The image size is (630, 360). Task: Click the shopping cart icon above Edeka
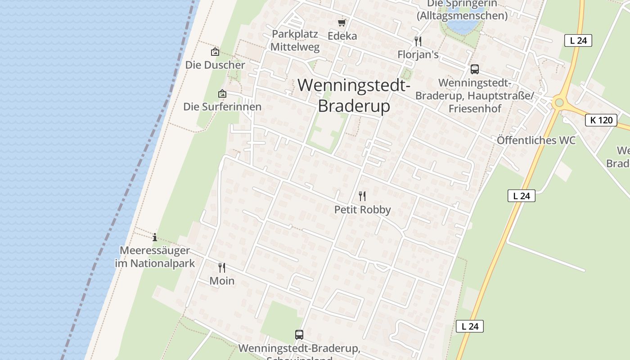[x=342, y=22]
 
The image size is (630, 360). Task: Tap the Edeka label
[x=342, y=36]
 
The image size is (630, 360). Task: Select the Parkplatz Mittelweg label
[x=295, y=40]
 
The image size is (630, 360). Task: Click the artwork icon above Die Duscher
[x=215, y=52]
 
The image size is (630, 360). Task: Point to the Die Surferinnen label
[x=222, y=107]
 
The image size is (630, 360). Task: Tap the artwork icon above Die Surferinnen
[x=222, y=94]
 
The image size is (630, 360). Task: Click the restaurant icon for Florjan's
[x=418, y=41]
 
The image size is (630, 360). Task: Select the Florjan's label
[x=418, y=54]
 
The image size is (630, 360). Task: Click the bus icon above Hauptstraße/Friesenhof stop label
[x=474, y=69]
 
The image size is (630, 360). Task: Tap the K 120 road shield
[x=601, y=120]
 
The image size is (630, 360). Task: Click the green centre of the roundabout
[x=559, y=103]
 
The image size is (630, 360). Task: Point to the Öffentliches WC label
[x=536, y=140]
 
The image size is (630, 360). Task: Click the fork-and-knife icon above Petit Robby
[x=362, y=196]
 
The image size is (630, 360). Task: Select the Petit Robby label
[x=362, y=210]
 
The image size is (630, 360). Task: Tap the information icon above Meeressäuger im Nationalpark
[x=155, y=237]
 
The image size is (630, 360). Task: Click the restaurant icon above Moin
[x=222, y=268]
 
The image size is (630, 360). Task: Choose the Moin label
[x=222, y=281]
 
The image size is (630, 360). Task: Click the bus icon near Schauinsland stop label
[x=299, y=334]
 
